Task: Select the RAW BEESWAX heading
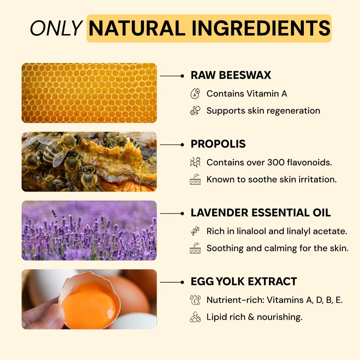(x=231, y=75)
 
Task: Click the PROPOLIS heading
(x=218, y=144)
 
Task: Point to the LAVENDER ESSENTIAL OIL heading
(x=261, y=213)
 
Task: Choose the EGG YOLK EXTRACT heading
(x=244, y=282)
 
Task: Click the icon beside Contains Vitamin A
(x=195, y=94)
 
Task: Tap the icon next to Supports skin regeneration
(x=195, y=111)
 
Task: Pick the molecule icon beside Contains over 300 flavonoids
(x=195, y=162)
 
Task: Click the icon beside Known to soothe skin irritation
(x=195, y=179)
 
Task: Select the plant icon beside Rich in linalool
(x=195, y=231)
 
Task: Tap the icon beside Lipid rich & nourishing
(x=195, y=317)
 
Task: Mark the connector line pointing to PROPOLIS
(x=172, y=145)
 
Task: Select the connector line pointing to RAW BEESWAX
(x=172, y=76)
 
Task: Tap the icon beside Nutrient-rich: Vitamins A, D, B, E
(x=195, y=300)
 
